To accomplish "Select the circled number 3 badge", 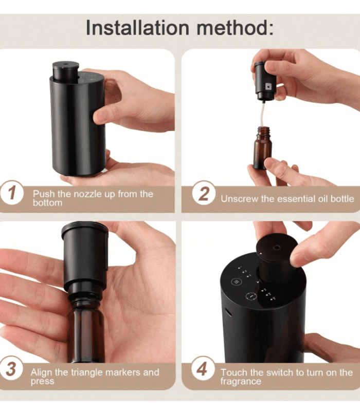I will [12, 369].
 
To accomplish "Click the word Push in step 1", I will [43, 194].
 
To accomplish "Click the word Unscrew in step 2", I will [240, 198].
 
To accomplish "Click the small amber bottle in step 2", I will [263, 150].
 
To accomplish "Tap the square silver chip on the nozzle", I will [267, 82].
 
